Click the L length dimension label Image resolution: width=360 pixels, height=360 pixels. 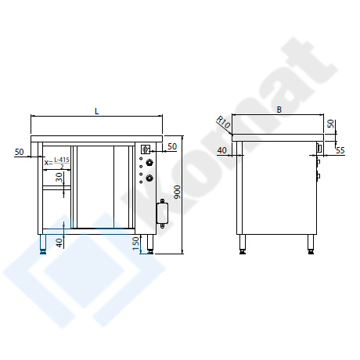tap(97, 111)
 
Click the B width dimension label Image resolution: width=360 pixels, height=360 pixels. tap(279, 110)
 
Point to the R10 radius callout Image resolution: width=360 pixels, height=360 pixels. tap(224, 122)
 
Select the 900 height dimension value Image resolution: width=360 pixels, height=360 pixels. tap(178, 192)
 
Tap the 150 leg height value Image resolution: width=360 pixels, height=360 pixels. tap(136, 243)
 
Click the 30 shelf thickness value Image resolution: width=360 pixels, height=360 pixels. tap(59, 178)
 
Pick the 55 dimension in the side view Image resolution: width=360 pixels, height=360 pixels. tap(340, 150)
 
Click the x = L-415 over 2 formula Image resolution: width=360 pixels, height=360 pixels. tap(57, 163)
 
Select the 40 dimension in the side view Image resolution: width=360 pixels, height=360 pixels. tap(222, 150)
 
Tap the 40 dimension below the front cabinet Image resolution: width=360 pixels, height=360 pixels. tap(59, 243)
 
